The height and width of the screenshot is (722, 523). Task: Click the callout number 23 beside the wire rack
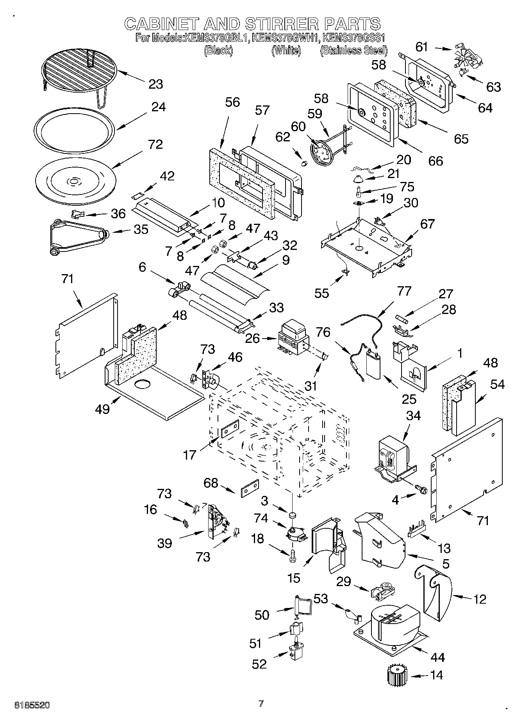click(155, 84)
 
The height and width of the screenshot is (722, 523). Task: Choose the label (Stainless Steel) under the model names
click(353, 50)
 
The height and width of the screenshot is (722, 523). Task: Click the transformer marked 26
click(293, 338)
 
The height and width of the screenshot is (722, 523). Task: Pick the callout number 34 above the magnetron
click(413, 416)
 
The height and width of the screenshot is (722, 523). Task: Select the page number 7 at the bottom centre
click(261, 704)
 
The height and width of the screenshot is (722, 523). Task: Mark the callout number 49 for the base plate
click(102, 409)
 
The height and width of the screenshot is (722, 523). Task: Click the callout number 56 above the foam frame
click(232, 102)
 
